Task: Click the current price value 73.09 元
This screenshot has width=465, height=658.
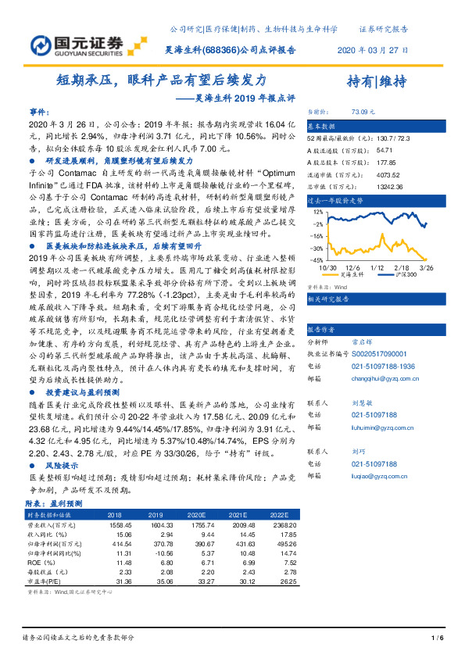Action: coord(364,113)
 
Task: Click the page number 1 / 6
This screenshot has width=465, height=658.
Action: coord(437,638)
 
